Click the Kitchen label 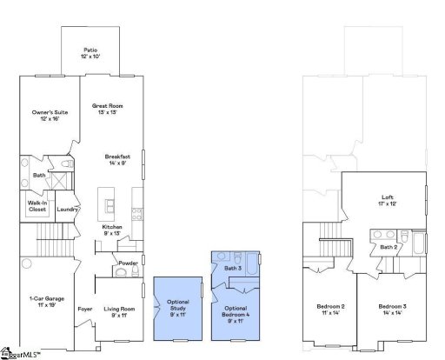point(111,230)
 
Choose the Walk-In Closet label point(37,206)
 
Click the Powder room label point(128,263)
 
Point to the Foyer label point(85,309)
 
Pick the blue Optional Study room point(177,308)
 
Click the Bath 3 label point(233,269)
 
